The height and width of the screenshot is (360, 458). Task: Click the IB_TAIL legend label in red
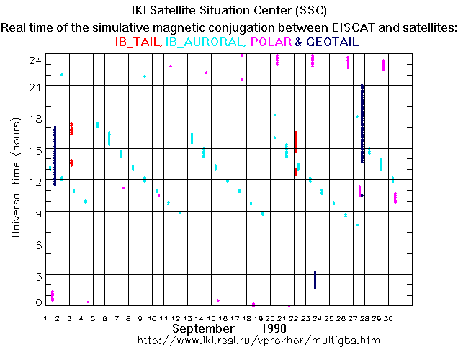(x=138, y=42)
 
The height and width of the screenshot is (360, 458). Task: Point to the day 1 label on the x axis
(x=46, y=318)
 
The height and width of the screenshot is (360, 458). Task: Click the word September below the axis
(x=204, y=328)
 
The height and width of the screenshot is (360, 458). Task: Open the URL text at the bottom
(x=257, y=339)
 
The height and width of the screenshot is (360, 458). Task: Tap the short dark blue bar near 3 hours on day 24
(x=315, y=280)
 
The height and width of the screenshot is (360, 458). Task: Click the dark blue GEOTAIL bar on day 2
(x=55, y=156)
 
